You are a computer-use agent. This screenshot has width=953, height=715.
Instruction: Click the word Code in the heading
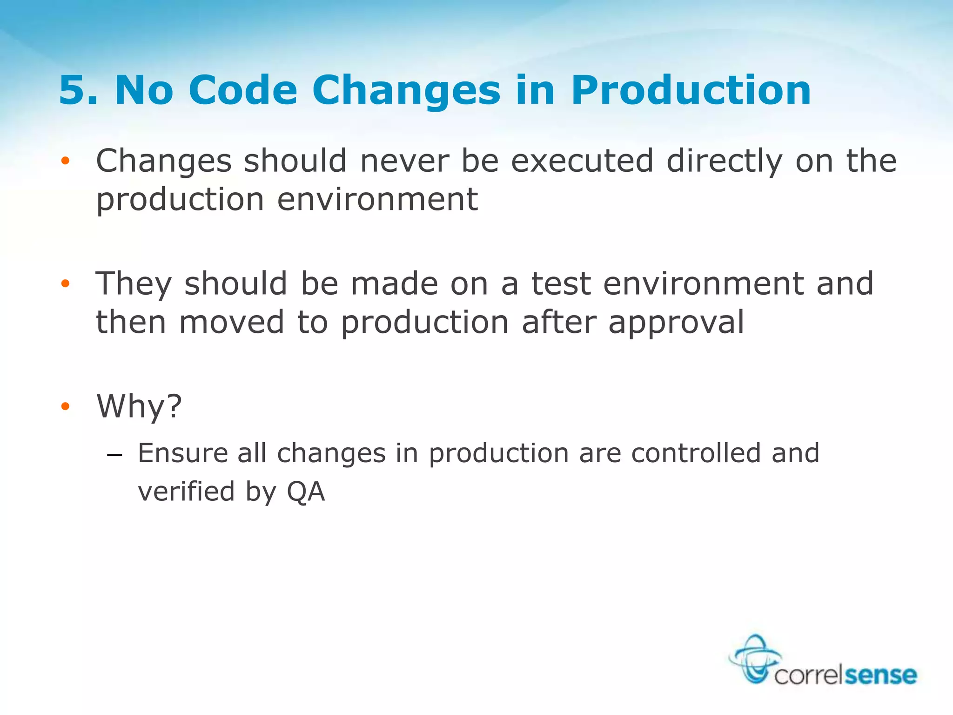(242, 90)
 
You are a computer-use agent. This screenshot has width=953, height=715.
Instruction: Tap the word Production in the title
(691, 90)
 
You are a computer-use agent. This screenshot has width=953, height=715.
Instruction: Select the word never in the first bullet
(404, 161)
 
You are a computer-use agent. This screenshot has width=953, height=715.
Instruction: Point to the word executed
(582, 161)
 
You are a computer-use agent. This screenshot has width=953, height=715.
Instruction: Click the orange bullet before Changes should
(65, 161)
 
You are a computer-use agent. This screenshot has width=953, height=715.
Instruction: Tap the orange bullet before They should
(65, 283)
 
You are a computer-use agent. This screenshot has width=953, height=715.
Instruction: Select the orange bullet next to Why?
(65, 406)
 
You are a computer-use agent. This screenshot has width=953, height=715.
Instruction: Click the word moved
(231, 323)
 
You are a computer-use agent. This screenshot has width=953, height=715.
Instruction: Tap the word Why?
(139, 407)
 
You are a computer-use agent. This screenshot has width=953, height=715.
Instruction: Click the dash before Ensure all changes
(114, 455)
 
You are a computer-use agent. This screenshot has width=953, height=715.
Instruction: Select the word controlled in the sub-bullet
(696, 453)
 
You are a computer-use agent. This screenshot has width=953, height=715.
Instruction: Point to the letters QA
(306, 492)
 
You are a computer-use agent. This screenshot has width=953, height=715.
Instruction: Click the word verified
(186, 492)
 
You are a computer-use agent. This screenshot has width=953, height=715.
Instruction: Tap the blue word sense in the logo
(880, 675)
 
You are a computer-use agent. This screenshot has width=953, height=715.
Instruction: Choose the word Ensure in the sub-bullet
(183, 453)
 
